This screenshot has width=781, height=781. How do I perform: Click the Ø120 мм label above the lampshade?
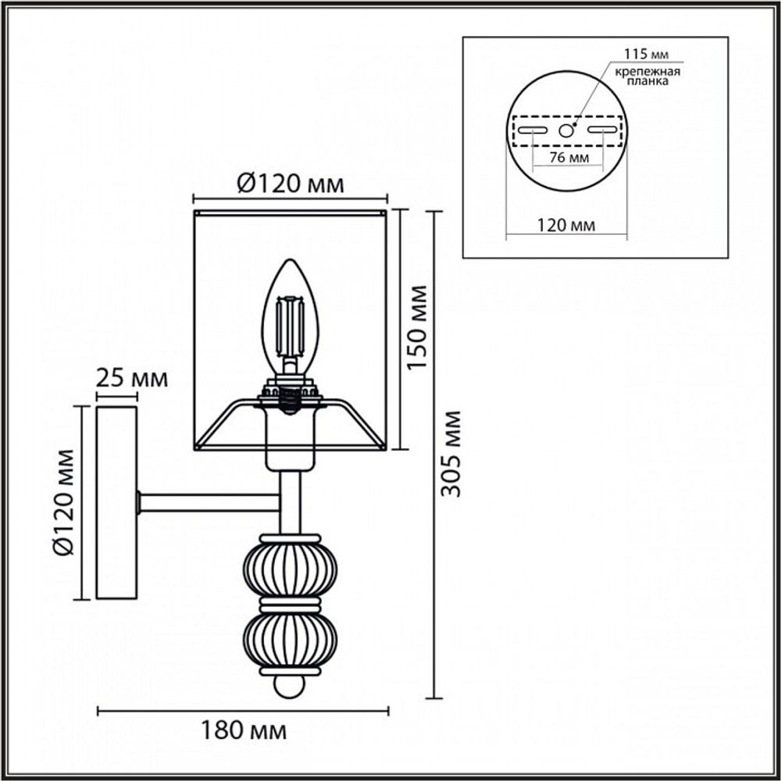(x=289, y=184)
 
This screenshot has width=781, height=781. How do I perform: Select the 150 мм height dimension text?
(x=419, y=328)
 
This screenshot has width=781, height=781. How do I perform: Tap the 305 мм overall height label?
(x=451, y=453)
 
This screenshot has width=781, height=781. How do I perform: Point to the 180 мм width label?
(x=244, y=732)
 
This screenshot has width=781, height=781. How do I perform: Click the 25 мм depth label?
(x=131, y=380)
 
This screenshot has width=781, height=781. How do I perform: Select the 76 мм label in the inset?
(x=567, y=158)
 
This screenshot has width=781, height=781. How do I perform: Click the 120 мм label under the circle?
(x=567, y=226)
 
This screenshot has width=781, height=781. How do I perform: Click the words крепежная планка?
(x=647, y=76)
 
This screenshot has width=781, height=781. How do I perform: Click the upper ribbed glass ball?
(x=290, y=569)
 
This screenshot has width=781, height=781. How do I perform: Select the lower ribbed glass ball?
(x=290, y=638)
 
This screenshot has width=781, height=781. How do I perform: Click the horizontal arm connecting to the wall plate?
(x=209, y=501)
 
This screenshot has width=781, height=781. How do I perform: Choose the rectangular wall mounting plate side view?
(x=116, y=502)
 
